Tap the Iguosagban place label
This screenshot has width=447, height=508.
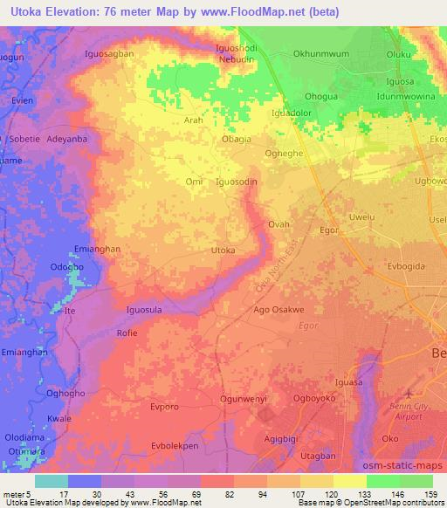coord(108,53)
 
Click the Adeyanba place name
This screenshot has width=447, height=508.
coord(68,139)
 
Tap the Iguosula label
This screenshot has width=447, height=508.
coord(145,310)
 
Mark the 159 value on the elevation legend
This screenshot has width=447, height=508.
coord(429,494)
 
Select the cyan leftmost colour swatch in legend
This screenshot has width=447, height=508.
coord(52,481)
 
